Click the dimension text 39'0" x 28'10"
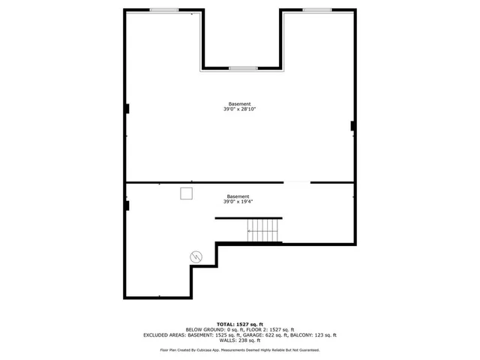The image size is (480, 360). click(x=240, y=109)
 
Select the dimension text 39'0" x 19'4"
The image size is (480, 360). click(x=238, y=202)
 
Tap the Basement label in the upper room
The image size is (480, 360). click(x=240, y=103)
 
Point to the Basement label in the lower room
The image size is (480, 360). click(x=238, y=196)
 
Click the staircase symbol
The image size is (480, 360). click(x=265, y=230)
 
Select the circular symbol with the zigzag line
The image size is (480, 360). click(x=196, y=256)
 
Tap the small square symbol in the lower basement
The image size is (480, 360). click(x=186, y=193)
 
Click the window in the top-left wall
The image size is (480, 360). click(x=163, y=10)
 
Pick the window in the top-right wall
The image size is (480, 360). click(x=317, y=10)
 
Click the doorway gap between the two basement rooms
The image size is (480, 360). click(x=297, y=182)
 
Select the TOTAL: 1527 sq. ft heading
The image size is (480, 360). click(x=240, y=323)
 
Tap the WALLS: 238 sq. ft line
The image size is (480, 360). click(x=240, y=341)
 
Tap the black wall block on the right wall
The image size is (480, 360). click(x=352, y=125)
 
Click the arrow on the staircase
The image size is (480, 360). click(x=250, y=231)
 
